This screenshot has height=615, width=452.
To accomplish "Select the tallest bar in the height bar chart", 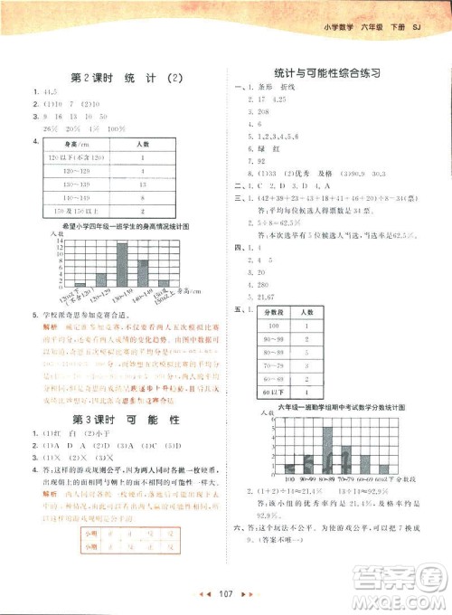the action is point(122,261).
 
